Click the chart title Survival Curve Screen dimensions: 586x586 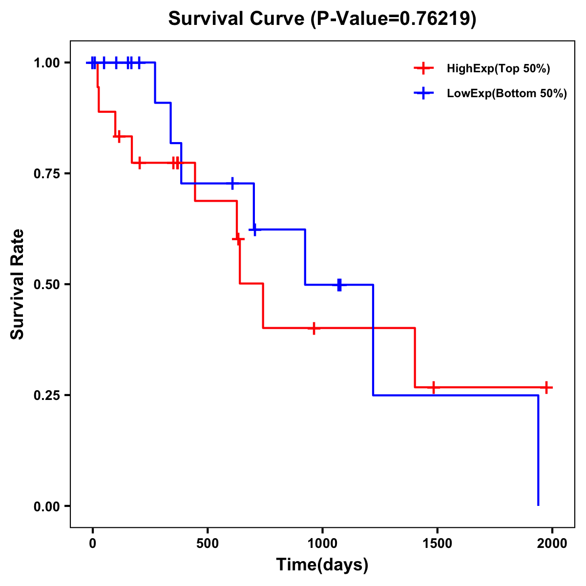[x=239, y=19]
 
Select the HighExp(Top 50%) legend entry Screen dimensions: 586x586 [x=498, y=69]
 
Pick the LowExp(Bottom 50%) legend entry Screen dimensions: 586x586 [x=506, y=94]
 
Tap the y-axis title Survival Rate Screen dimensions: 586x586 [x=18, y=284]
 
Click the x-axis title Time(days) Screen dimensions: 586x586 [x=322, y=565]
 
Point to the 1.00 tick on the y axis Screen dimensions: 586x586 [x=46, y=63]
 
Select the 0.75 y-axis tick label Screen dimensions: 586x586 [x=46, y=174]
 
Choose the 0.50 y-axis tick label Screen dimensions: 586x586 [x=46, y=284]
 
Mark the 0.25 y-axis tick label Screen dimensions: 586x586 [x=46, y=395]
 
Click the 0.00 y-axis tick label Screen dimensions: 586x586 [x=46, y=506]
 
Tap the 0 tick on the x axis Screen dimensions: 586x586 [x=92, y=544]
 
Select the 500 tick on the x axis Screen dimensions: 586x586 [x=208, y=544]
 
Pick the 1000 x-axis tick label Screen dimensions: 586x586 [x=322, y=544]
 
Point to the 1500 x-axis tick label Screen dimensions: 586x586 [x=437, y=544]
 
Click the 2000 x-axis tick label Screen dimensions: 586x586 [x=552, y=544]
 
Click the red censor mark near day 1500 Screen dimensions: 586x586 [x=433, y=387]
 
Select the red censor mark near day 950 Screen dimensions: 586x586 [x=314, y=328]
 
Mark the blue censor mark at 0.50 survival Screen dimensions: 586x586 [x=339, y=285]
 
